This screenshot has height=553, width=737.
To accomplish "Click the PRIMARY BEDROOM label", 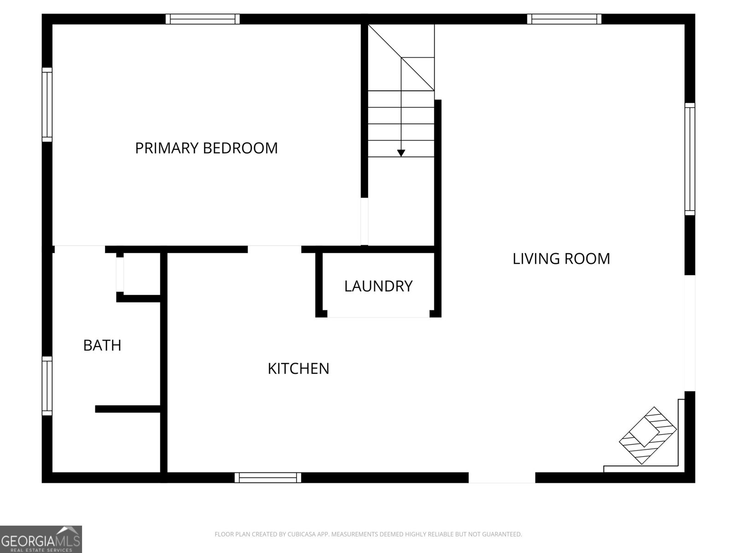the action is tap(206, 148).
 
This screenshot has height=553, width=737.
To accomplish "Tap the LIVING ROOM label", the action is tap(561, 259).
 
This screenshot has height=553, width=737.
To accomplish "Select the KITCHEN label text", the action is tap(298, 369).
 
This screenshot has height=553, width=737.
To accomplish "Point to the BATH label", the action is tap(102, 345).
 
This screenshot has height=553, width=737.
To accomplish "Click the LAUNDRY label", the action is tap(378, 286).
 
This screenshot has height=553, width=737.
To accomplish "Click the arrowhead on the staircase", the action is tap(401, 153).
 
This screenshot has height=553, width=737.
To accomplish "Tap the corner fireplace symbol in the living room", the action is tap(648, 435).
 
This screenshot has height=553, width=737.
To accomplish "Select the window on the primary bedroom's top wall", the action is tap(203, 19).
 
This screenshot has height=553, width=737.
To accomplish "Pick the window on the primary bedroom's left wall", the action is tap(47, 105).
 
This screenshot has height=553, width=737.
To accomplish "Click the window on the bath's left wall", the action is tap(47, 386).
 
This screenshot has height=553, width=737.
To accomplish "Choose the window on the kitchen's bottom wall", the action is tap(268, 477).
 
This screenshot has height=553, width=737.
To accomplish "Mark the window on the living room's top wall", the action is tap(564, 19).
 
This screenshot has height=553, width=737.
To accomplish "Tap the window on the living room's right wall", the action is tap(690, 159).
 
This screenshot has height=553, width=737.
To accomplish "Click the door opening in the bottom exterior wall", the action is tap(502, 477).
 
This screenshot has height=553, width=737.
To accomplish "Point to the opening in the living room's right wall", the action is tap(690, 333).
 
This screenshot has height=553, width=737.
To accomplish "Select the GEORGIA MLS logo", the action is tap(41, 539).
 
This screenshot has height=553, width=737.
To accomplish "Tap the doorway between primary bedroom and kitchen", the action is tap(275, 249).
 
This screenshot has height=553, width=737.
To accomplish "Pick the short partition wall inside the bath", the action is tap(128, 409).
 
